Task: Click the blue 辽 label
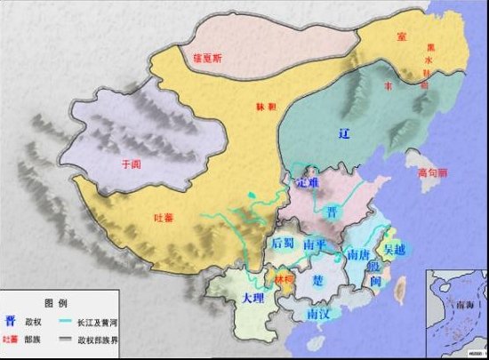pyautogui.click(x=346, y=133)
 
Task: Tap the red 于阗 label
pyautogui.click(x=131, y=164)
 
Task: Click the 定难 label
pyautogui.click(x=307, y=183)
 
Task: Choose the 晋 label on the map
pyautogui.click(x=331, y=212)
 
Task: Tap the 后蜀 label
pyautogui.click(x=283, y=244)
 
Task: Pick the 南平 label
pyautogui.click(x=314, y=244)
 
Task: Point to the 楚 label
pyautogui.click(x=318, y=280)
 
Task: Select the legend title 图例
pyautogui.click(x=54, y=302)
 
